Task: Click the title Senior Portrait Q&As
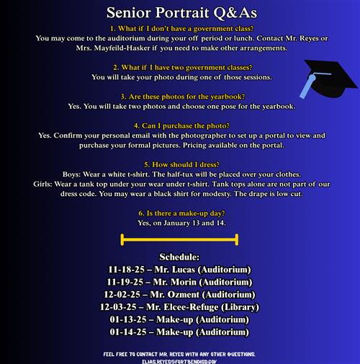pos(179,13)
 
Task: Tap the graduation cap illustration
pos(323,79)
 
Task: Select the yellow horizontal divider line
pos(179,239)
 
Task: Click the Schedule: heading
pos(179,257)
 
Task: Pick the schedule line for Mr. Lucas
pos(179,270)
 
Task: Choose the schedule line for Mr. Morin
pos(179,282)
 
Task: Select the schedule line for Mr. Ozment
pos(179,295)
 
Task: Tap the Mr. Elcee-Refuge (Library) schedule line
pos(179,307)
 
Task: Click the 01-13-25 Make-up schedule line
pos(179,319)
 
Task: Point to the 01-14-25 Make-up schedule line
pos(179,332)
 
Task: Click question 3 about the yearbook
pos(179,96)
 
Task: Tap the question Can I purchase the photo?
pos(179,125)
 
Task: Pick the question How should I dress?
pos(179,164)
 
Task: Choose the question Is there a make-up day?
pos(179,213)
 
